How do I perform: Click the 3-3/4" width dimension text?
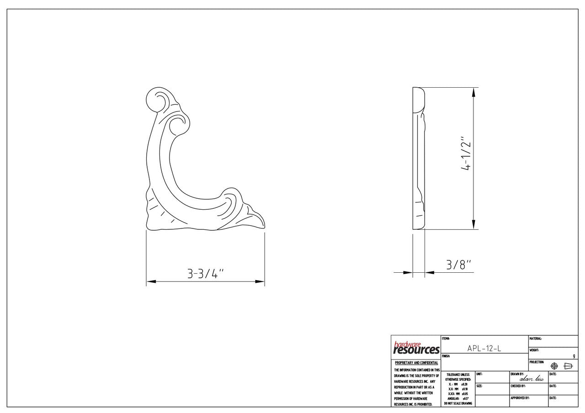205,274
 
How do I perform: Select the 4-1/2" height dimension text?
466,154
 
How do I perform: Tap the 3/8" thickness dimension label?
458,265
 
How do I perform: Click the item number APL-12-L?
484,348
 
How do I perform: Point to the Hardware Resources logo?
416,348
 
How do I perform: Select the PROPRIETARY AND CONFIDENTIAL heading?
416,363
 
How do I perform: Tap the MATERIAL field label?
536,339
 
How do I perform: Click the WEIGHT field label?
534,350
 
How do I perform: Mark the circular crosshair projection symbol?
554,366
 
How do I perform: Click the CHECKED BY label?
518,386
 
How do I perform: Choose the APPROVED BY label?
520,398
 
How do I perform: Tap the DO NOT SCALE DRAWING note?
457,403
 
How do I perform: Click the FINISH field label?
446,356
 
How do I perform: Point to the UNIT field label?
479,374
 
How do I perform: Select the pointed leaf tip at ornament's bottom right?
261,223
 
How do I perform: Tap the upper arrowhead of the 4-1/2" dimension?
473,92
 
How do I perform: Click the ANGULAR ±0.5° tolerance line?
457,398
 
